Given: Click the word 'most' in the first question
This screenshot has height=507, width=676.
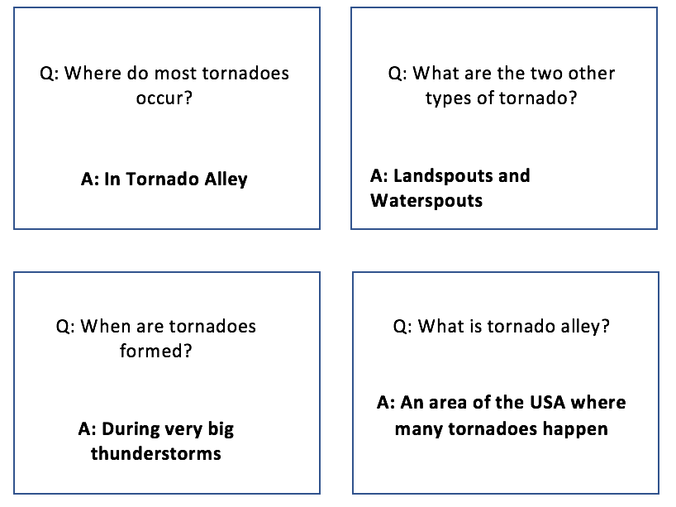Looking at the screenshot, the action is [x=175, y=74].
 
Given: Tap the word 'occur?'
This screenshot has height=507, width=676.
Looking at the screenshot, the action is [x=164, y=98].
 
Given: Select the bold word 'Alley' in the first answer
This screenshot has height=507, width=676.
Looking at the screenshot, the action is [x=226, y=179].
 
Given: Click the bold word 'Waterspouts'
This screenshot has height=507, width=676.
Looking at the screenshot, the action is [x=426, y=201].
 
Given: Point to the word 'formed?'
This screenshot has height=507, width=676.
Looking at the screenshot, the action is [x=155, y=351].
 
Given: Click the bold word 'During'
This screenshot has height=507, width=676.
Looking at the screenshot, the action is [x=131, y=430].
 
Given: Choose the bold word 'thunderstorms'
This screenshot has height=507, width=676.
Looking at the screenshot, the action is [x=156, y=454].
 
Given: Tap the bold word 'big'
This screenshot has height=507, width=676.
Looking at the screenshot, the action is [x=221, y=430].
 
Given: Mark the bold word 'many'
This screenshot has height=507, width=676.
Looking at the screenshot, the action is [x=419, y=430].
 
